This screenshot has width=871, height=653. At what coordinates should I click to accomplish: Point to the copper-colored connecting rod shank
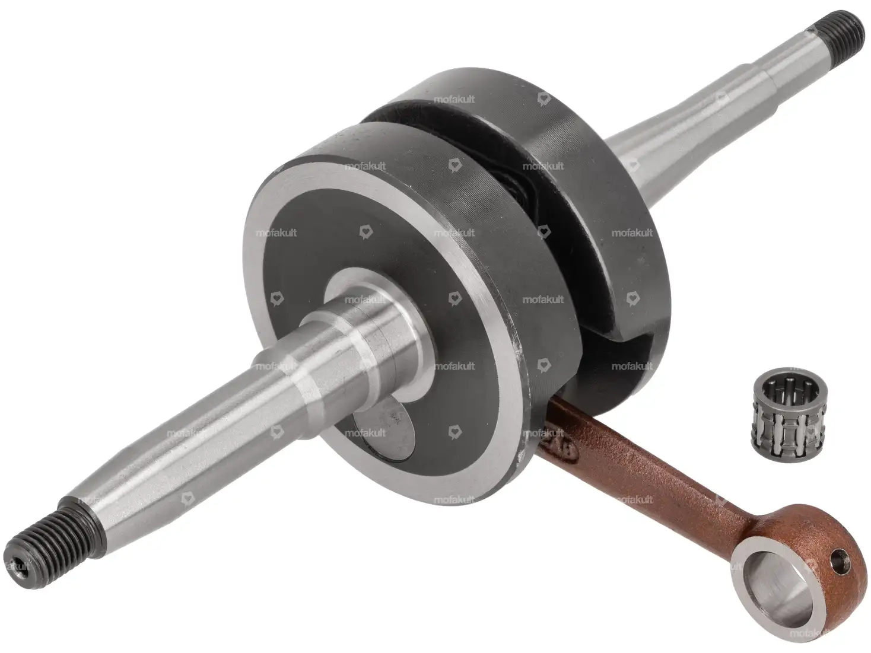click(x=643, y=468)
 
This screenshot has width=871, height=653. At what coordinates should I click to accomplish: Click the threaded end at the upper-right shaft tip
click(x=841, y=36)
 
